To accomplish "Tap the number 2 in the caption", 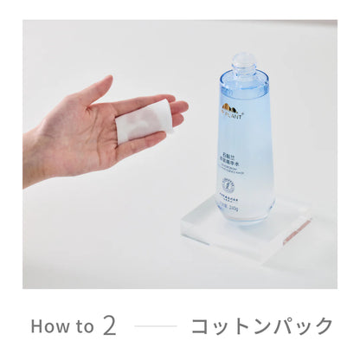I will (x=109, y=325).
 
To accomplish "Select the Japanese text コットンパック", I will (x=261, y=326).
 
